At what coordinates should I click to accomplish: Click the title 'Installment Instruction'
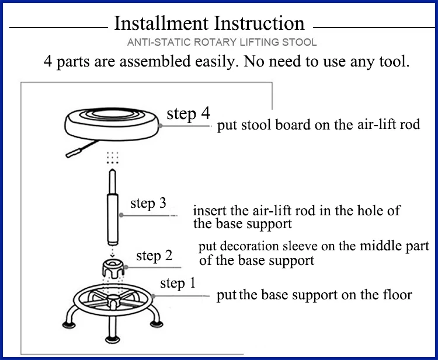pos(209,24)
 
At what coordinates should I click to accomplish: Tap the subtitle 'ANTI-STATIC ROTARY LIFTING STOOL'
pos(222,43)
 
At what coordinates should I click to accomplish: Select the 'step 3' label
pos(148,203)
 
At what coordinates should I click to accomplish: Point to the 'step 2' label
pos(154,256)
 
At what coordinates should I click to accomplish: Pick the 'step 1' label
pos(178,284)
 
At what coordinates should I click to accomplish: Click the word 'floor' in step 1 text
pos(397,295)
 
